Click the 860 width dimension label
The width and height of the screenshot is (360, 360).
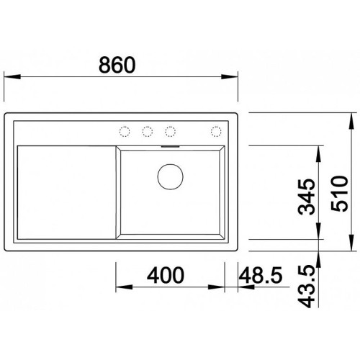117,65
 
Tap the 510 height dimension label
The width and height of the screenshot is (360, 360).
339,194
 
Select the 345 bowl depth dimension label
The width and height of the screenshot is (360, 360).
306,197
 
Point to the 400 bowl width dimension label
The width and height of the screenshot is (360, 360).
166,275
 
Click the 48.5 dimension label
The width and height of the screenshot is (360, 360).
261,275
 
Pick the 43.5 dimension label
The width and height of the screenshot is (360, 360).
306,287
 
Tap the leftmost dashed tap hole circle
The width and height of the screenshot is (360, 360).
125,132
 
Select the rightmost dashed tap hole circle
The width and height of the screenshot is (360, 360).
216,132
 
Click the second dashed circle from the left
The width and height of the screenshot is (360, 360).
148,132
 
